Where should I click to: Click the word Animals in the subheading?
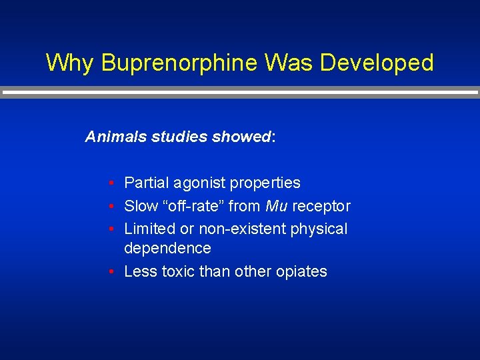116,137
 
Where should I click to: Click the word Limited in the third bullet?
149,229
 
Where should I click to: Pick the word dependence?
167,249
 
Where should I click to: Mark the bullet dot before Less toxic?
114,272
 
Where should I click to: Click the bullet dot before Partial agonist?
114,183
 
